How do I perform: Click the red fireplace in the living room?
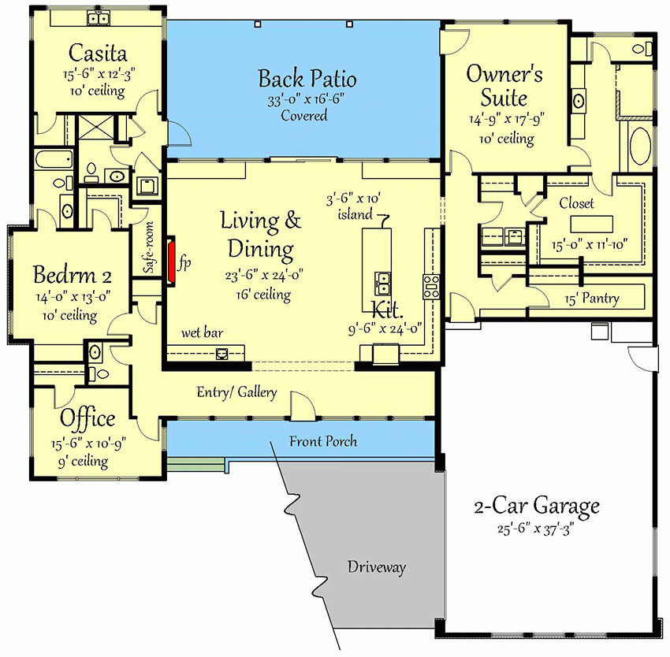170,262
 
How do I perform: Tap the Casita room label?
99,54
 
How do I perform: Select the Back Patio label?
307,79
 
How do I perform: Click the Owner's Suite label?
504,86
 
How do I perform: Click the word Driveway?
376,567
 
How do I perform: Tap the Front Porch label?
322,441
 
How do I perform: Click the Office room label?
87,418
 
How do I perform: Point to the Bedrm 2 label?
72,276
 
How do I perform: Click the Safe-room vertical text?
147,248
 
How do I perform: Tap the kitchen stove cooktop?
432,285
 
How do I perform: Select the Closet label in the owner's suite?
576,203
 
